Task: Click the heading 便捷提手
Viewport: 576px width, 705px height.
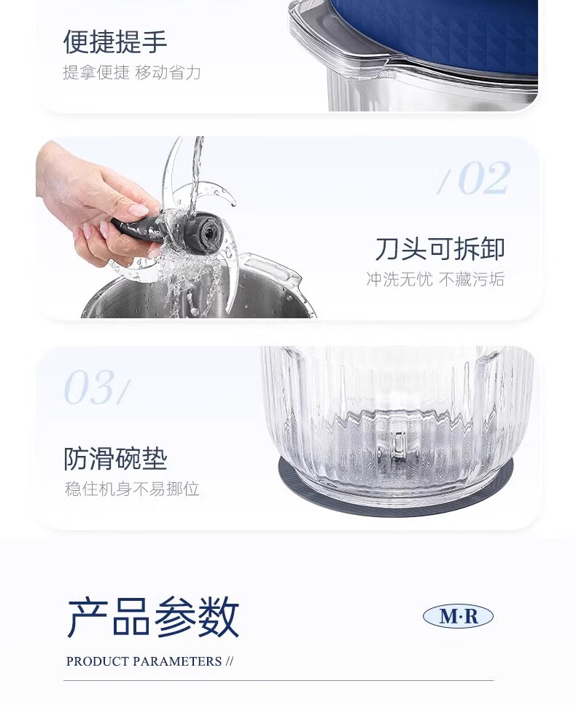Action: (x=115, y=42)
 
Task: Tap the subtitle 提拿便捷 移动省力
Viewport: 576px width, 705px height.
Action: (x=132, y=72)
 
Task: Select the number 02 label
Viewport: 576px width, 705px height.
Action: (x=474, y=178)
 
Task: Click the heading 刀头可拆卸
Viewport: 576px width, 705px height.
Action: (x=440, y=248)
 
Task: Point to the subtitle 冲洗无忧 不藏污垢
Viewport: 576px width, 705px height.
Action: (x=435, y=279)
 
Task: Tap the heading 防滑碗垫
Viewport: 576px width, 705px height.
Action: (x=116, y=459)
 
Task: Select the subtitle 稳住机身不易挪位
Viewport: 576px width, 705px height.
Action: (x=132, y=489)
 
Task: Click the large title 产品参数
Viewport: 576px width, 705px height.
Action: (x=153, y=617)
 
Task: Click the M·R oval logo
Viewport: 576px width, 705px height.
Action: (x=458, y=616)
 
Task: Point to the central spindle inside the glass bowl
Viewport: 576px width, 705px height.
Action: (x=398, y=447)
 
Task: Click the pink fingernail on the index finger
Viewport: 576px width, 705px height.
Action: (x=137, y=209)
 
